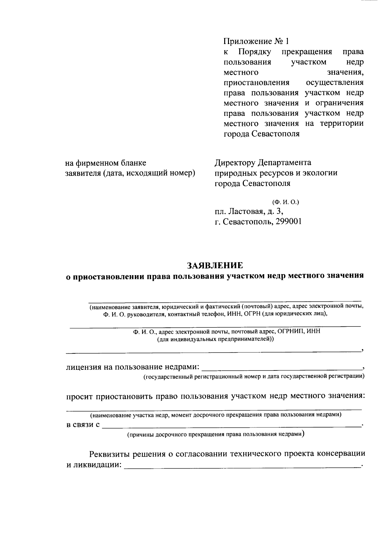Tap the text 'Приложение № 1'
pyautogui.click(x=256, y=41)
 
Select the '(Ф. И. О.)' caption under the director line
pyautogui.click(x=285, y=202)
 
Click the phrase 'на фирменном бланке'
pyautogui.click(x=106, y=163)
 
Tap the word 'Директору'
pyautogui.click(x=235, y=163)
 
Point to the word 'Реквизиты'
pyautogui.click(x=110, y=454)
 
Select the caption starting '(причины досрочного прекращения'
pyautogui.click(x=216, y=434)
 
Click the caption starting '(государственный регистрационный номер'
pyautogui.click(x=253, y=376)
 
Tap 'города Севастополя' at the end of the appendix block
pyautogui.click(x=262, y=134)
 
